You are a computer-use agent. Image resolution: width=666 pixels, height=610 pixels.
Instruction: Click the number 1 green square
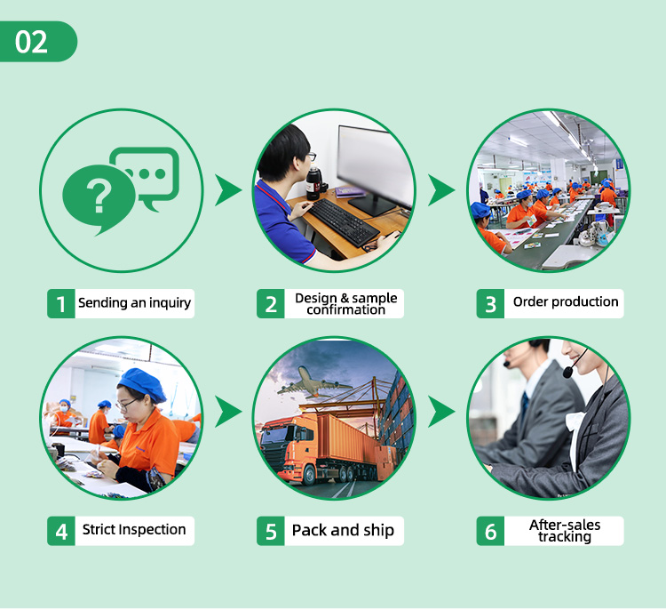[60, 304]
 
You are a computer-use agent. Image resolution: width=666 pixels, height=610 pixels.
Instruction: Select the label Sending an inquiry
[134, 303]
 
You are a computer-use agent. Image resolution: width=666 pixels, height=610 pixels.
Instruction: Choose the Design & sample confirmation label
[346, 303]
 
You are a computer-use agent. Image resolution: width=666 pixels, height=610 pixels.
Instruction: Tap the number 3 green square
[489, 304]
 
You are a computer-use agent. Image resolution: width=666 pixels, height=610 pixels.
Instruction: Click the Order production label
[566, 302]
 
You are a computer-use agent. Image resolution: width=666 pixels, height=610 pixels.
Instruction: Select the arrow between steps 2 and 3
[441, 189]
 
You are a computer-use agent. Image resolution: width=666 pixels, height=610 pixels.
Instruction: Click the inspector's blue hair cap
[142, 384]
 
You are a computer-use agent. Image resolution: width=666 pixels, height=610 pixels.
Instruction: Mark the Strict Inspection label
[134, 531]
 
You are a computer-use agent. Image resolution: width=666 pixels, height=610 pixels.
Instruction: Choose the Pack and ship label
[343, 531]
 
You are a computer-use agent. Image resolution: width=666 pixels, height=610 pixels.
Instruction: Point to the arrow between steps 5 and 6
[441, 413]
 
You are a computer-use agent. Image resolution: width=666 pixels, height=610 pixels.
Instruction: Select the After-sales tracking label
[565, 531]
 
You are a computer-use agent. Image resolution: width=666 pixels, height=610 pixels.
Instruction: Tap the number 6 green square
[489, 532]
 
